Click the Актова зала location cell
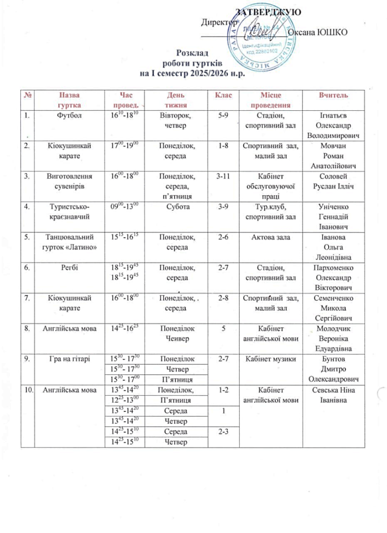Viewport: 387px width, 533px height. pyautogui.click(x=269, y=237)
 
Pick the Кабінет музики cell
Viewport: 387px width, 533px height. pyautogui.click(x=269, y=359)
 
